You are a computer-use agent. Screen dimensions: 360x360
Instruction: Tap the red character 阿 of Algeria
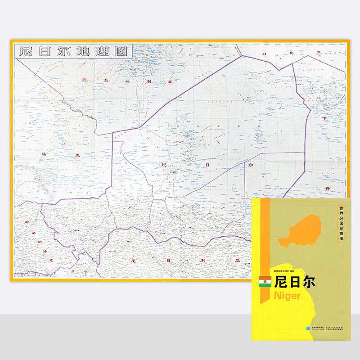pyautogui.click(x=84, y=80)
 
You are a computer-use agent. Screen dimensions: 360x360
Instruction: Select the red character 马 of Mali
pyautogui.click(x=44, y=154)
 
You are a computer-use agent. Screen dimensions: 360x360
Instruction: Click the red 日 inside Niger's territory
pyautogui.click(x=208, y=165)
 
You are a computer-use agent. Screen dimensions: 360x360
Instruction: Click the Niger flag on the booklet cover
pyautogui.click(x=265, y=283)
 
